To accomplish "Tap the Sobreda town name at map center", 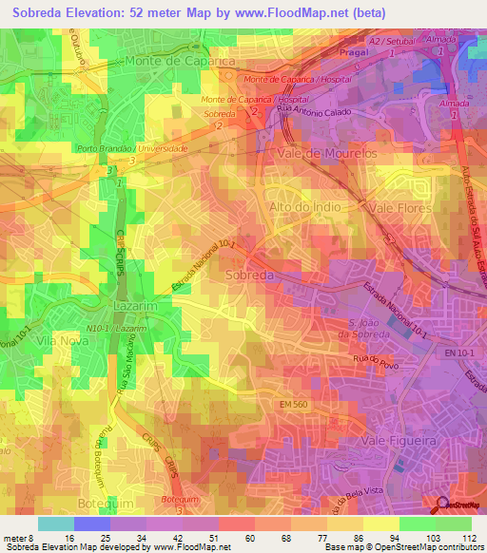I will (x=251, y=275).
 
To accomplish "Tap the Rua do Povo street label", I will (x=373, y=357).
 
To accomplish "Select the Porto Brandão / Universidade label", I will (x=132, y=149).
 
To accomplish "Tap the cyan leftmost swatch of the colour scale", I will (x=56, y=524).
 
